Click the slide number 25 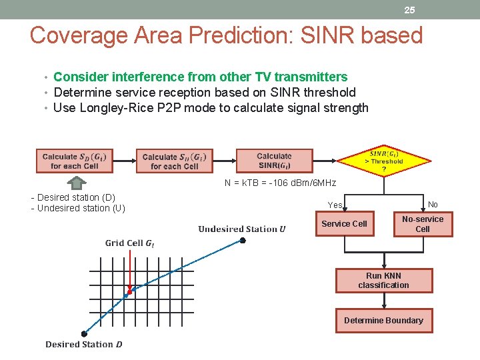409,10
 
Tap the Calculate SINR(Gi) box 274,161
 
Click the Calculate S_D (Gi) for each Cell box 74,161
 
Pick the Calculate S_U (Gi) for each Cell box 175,161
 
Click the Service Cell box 344,224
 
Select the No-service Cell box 423,224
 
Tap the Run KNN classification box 383,281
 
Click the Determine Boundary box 383,321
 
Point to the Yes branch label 335,205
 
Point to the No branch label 433,205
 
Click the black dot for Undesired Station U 243,240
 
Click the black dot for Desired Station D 84,333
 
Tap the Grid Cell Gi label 129,243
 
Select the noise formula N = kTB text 280,183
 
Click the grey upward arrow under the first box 77,182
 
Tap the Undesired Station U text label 241,229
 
